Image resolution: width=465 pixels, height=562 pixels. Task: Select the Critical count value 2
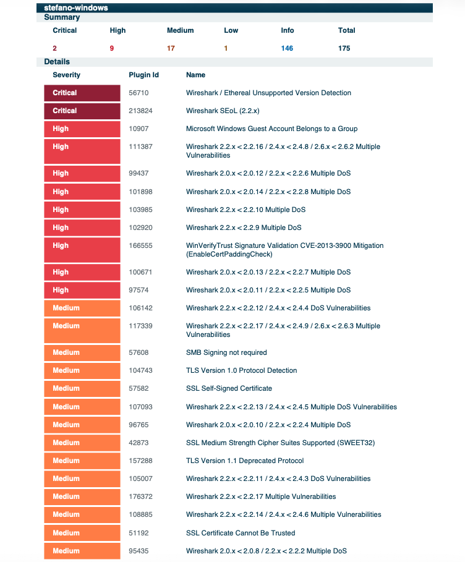click(x=55, y=48)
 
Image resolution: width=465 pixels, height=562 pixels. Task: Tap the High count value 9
click(x=112, y=48)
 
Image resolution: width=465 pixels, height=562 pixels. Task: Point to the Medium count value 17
click(x=171, y=48)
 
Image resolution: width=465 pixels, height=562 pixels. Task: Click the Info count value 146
click(x=287, y=48)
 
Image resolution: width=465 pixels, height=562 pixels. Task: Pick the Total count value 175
click(x=344, y=48)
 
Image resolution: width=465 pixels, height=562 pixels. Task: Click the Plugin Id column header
click(x=143, y=75)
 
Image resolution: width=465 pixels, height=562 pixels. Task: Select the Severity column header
click(x=67, y=75)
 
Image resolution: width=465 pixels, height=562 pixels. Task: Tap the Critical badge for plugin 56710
click(x=82, y=93)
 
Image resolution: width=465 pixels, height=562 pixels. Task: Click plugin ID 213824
click(x=140, y=111)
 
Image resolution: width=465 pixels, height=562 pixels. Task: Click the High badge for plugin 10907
click(x=82, y=129)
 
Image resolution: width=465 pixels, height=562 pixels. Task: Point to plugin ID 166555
click(x=140, y=245)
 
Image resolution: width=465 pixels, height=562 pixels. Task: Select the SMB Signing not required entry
click(x=226, y=352)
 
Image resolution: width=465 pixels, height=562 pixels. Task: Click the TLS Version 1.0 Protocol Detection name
click(x=241, y=370)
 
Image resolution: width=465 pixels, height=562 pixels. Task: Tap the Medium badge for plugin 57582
click(x=82, y=388)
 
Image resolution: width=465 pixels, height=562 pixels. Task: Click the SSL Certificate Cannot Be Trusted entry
click(x=241, y=533)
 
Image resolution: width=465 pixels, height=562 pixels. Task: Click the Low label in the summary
click(x=231, y=30)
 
